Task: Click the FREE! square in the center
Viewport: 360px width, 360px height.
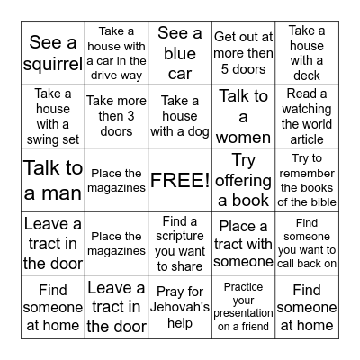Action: (179, 179)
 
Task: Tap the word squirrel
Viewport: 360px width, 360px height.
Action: (53, 67)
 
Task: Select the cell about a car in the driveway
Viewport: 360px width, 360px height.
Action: (116, 52)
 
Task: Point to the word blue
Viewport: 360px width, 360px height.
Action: (180, 52)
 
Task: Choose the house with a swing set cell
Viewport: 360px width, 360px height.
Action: (53, 116)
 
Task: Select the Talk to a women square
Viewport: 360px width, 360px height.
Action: (243, 116)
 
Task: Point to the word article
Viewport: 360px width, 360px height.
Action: (307, 139)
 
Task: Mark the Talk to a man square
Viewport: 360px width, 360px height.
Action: (53, 179)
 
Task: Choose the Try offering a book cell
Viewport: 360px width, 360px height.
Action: (243, 179)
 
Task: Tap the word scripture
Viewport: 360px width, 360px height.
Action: (180, 237)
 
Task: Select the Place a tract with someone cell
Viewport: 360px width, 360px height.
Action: (243, 243)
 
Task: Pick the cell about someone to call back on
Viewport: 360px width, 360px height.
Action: (307, 243)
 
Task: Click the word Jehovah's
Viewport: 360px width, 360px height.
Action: (180, 307)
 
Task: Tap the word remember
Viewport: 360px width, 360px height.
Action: (307, 174)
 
